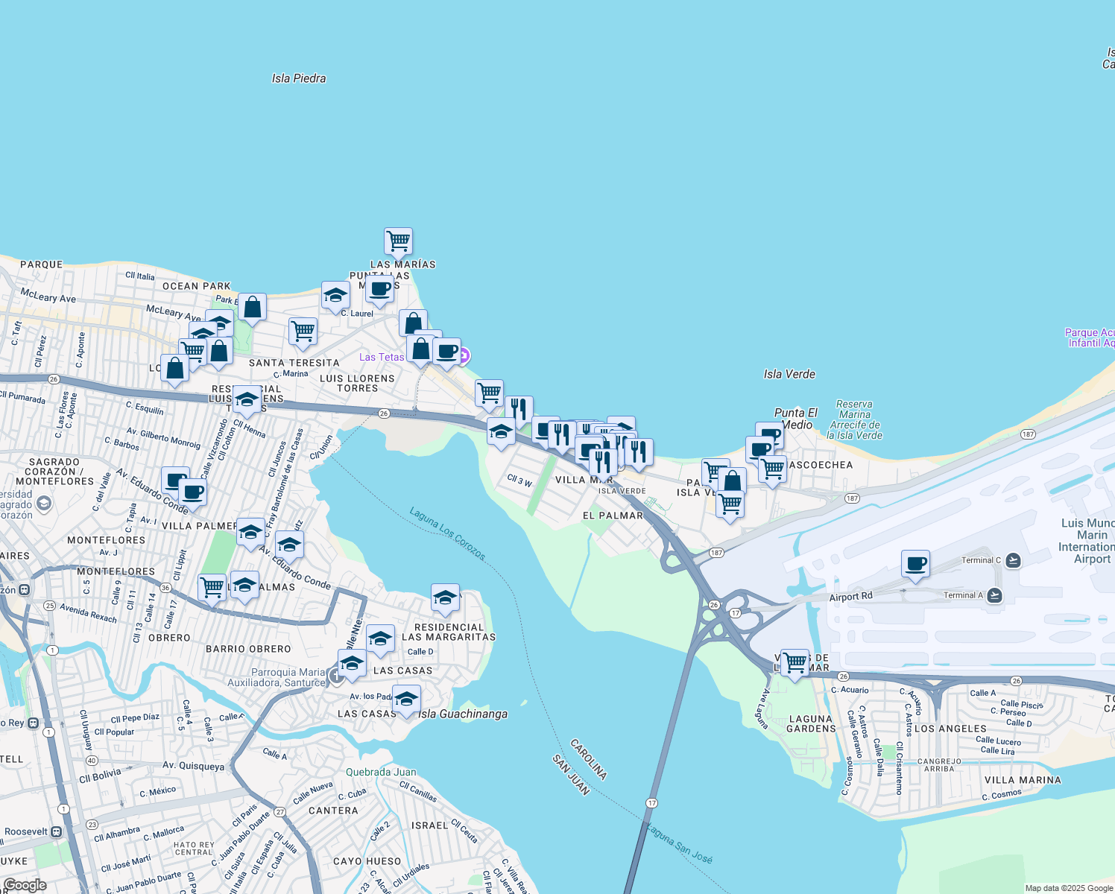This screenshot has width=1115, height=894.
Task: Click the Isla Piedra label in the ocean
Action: (298, 78)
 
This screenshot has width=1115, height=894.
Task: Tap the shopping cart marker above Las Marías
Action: (399, 241)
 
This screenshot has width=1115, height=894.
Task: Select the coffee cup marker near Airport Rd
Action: (915, 564)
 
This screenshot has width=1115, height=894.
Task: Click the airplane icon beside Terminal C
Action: (1013, 560)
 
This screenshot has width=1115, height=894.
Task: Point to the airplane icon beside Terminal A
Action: (994, 595)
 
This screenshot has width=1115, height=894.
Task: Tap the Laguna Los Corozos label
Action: (448, 533)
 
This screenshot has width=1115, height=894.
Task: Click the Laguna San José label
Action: (679, 843)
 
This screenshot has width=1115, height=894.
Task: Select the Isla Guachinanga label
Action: (463, 714)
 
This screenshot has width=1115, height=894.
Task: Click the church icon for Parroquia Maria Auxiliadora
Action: (337, 676)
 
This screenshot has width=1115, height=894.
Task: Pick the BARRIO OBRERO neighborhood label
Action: (248, 649)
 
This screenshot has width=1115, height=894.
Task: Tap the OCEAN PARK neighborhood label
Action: (197, 286)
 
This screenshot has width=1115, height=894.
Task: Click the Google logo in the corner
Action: (25, 885)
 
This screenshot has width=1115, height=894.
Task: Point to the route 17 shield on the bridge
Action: (651, 803)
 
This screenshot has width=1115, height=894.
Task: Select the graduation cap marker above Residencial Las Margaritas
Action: (445, 598)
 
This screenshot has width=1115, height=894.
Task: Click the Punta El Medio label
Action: (796, 419)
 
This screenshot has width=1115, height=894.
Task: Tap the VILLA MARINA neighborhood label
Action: (1023, 780)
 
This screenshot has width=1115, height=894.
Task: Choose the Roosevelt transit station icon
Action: (56, 831)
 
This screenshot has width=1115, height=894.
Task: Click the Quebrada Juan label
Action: (381, 772)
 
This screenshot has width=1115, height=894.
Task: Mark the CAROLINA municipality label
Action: (588, 759)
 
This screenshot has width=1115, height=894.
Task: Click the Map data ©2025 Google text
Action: (1069, 888)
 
